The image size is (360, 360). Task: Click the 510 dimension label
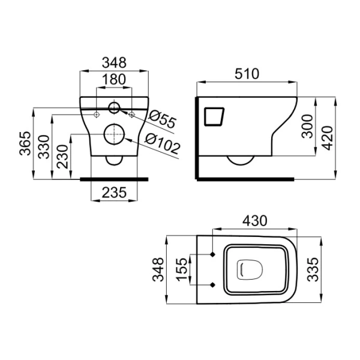[247, 74]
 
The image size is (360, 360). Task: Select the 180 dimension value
[114, 79]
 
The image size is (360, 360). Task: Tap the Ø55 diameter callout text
[163, 119]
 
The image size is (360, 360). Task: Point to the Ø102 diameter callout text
[163, 143]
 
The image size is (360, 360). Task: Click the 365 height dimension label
[25, 143]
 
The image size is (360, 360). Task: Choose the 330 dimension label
[44, 147]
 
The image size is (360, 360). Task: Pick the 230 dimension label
[62, 157]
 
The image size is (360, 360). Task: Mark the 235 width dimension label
[114, 193]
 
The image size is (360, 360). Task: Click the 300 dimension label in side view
[307, 126]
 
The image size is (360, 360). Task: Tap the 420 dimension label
[327, 138]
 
